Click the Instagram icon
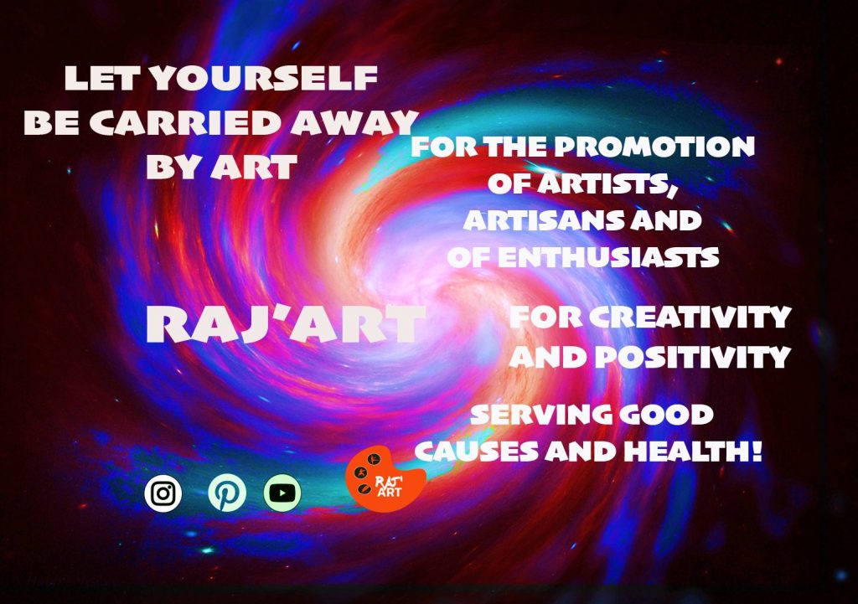tap(163, 493)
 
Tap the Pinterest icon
tap(227, 493)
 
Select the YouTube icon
tap(282, 493)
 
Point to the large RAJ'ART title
tap(286, 324)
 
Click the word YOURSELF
tap(264, 78)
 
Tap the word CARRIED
tap(186, 122)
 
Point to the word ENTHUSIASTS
tap(608, 257)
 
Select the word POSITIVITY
tap(692, 358)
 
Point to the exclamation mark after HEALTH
tap(757, 452)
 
